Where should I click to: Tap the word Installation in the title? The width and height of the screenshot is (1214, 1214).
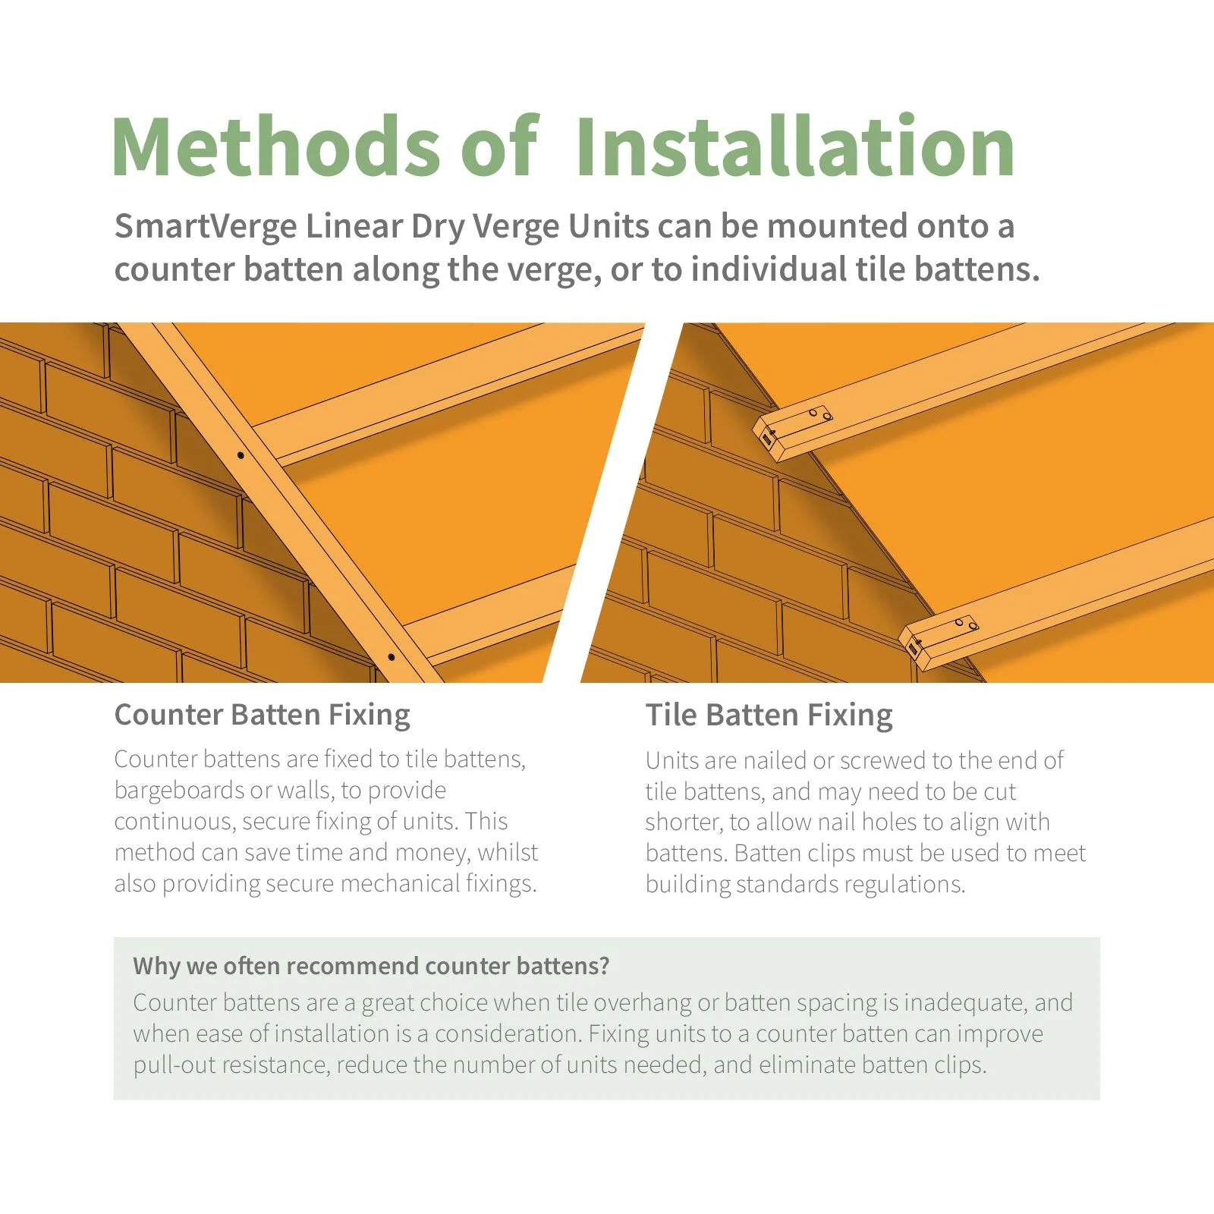pyautogui.click(x=794, y=146)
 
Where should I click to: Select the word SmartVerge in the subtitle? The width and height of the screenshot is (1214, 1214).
pyautogui.click(x=205, y=226)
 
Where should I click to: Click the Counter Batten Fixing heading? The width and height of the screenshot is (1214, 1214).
pyautogui.click(x=262, y=715)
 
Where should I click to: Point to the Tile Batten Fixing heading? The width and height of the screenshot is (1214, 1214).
pyautogui.click(x=769, y=715)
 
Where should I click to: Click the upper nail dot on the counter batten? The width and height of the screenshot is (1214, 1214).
pyautogui.click(x=241, y=455)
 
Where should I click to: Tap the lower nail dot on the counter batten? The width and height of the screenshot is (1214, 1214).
pyautogui.click(x=391, y=657)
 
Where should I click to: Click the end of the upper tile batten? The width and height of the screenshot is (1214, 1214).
pyautogui.click(x=768, y=438)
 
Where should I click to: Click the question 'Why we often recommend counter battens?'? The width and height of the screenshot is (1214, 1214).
pyautogui.click(x=371, y=966)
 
